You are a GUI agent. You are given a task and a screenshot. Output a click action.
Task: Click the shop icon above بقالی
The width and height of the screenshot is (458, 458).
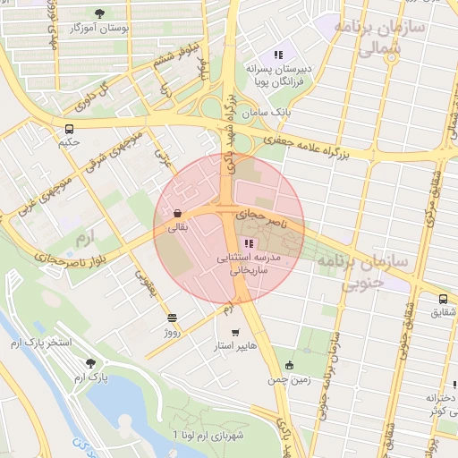point(178,214)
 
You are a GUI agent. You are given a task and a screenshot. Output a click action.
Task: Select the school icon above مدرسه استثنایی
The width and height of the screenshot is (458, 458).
point(249,243)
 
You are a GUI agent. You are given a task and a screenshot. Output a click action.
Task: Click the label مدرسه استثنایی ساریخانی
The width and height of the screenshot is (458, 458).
point(250,262)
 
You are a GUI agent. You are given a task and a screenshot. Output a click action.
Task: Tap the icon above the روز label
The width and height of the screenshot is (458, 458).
point(172,318)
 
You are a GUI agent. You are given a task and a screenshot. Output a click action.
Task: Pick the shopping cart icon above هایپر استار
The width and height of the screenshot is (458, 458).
point(235,333)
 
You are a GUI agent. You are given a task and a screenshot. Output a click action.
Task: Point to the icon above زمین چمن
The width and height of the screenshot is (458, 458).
point(288,365)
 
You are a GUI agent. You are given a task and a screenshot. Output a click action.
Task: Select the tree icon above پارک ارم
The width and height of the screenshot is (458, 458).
point(90,362)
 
